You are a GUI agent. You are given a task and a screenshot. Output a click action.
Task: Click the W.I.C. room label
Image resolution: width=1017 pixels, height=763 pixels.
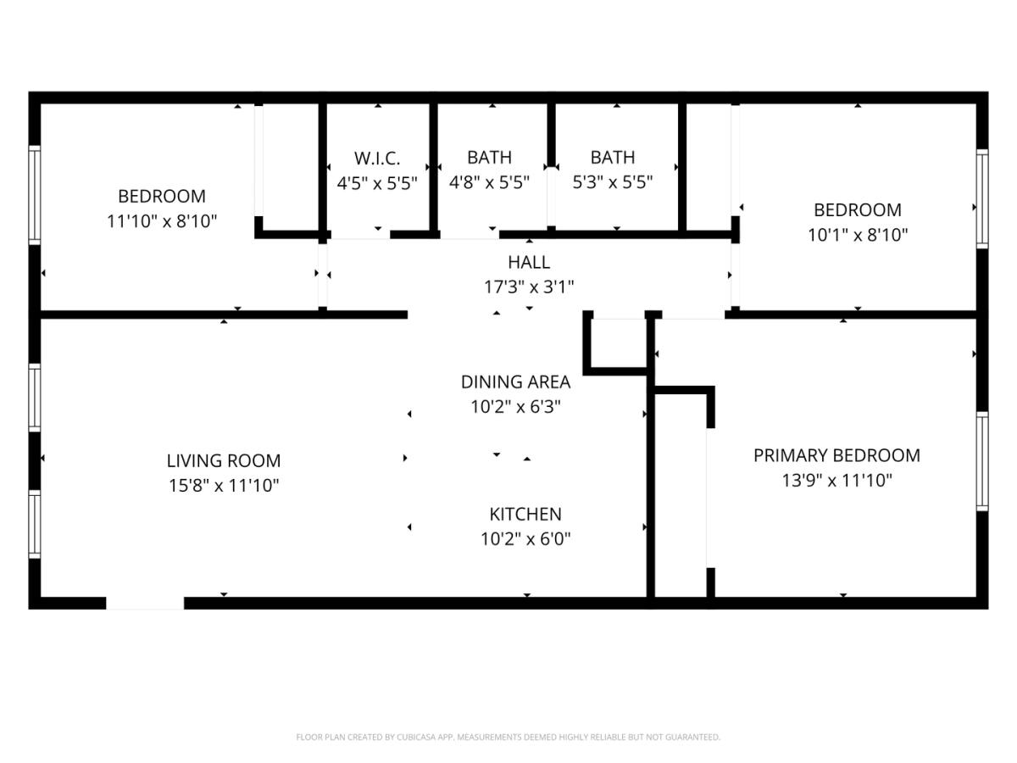[376, 159]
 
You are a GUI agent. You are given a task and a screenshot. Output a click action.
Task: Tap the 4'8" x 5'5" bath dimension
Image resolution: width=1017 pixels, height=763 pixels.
[489, 182]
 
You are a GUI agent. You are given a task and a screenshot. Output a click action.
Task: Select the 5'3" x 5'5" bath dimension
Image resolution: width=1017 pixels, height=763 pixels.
[613, 182]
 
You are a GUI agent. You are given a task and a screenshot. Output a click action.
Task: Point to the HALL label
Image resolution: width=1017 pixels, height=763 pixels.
[529, 263]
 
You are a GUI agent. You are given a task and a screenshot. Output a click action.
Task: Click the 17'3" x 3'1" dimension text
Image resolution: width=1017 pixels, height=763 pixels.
[529, 287]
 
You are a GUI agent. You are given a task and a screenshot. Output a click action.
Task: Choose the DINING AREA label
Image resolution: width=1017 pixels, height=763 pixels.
[515, 382]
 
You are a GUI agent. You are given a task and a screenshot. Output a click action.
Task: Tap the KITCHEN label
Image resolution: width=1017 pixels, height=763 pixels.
[525, 515]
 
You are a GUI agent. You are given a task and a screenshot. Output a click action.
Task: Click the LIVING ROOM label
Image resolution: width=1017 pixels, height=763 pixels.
[224, 461]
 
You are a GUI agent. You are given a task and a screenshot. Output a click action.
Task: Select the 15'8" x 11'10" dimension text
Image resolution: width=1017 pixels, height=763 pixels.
[224, 486]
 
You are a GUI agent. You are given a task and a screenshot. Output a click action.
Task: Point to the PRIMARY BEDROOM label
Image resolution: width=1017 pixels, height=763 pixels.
[836, 456]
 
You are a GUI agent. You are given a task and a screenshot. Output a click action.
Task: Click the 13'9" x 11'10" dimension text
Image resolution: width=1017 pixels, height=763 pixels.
[836, 481]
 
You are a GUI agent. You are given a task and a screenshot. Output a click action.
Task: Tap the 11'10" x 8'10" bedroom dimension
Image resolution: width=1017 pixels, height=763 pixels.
[162, 221]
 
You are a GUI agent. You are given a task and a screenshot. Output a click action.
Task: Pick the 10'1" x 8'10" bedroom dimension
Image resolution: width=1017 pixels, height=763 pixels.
[858, 236]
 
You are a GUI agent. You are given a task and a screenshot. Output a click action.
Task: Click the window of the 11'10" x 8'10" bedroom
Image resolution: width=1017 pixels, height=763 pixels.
[35, 195]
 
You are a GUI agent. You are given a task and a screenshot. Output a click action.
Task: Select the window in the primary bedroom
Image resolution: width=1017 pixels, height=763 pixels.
[982, 461]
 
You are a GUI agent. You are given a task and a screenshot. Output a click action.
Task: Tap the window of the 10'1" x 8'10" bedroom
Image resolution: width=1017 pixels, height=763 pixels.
[982, 198]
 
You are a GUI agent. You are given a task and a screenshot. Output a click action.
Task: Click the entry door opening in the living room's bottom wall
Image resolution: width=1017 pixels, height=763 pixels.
[145, 603]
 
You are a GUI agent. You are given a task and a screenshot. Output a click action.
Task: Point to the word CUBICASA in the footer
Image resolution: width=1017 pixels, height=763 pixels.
[415, 737]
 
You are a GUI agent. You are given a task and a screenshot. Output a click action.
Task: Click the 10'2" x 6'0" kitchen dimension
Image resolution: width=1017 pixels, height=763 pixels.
[525, 539]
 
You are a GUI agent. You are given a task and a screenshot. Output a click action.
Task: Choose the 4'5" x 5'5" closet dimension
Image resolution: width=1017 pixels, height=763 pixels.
[376, 183]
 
